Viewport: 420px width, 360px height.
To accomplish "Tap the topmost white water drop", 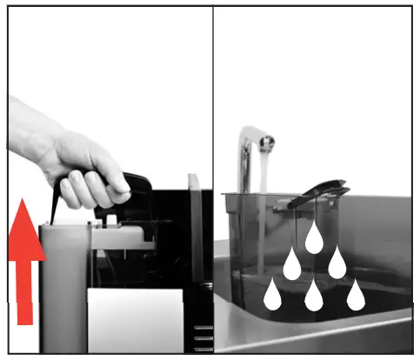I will [314, 237].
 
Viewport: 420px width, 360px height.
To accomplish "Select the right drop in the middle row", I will [337, 263].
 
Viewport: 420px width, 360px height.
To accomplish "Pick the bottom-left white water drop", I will [272, 295].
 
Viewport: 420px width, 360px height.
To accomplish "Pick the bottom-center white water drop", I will [314, 296].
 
